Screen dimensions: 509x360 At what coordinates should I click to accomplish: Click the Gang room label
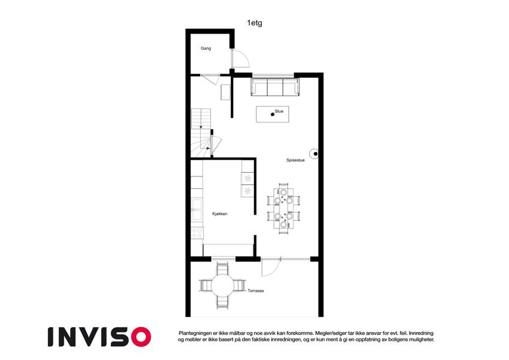point(206,49)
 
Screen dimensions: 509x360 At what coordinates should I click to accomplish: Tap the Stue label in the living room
point(279,111)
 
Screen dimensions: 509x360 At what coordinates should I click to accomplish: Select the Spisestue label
point(296,160)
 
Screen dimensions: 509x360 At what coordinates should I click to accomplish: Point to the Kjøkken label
point(220,214)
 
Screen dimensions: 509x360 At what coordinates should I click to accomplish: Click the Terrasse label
point(256,291)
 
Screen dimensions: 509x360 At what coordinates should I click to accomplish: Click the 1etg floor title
point(254,23)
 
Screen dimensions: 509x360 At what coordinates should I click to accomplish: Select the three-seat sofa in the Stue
point(275,87)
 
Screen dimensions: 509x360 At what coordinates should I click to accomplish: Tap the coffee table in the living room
point(272,115)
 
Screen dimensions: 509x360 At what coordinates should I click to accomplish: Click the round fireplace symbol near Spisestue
point(314,154)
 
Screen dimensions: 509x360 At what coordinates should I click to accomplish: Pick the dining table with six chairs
point(284,208)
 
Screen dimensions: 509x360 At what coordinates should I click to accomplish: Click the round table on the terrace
point(222,286)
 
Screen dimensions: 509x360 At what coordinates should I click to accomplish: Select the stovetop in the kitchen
point(197,233)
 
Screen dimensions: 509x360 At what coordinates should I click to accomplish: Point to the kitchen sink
point(197,209)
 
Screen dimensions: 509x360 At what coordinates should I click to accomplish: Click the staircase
point(201,133)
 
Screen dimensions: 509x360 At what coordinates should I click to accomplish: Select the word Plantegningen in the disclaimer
point(195,333)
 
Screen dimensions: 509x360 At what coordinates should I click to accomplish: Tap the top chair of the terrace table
point(222,268)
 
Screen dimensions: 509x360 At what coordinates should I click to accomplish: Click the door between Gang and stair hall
point(210,79)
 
